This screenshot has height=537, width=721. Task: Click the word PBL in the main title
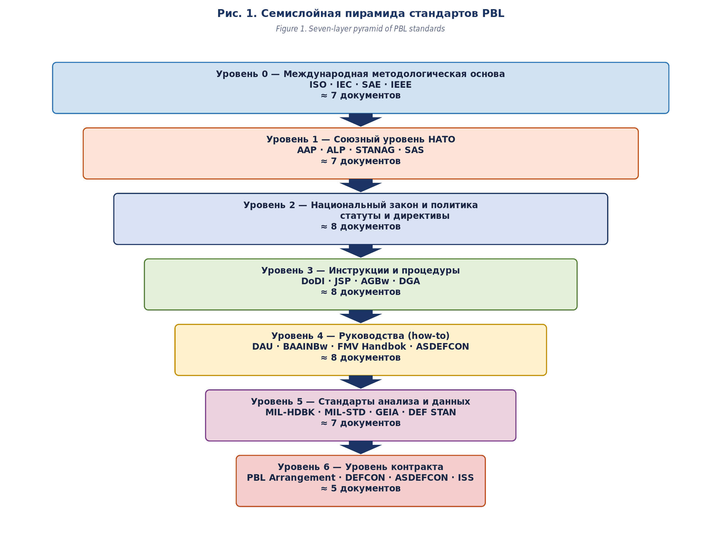pyautogui.click(x=493, y=14)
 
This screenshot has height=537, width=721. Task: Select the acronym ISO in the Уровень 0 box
pyautogui.click(x=318, y=85)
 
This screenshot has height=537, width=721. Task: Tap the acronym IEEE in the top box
pyautogui.click(x=401, y=85)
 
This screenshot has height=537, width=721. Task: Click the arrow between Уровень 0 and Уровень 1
pyautogui.click(x=361, y=120)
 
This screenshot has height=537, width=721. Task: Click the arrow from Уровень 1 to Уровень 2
pyautogui.click(x=361, y=185)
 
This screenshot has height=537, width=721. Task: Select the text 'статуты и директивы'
pyautogui.click(x=395, y=216)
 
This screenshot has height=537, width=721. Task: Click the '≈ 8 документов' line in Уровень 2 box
pyautogui.click(x=361, y=227)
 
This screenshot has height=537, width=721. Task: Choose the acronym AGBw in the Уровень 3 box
pyautogui.click(x=375, y=281)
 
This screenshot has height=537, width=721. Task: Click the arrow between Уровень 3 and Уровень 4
pyautogui.click(x=361, y=317)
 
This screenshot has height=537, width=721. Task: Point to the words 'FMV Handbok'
pyautogui.click(x=372, y=346)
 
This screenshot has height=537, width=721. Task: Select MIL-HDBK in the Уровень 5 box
pyautogui.click(x=290, y=412)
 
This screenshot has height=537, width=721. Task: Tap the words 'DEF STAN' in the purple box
pyautogui.click(x=432, y=412)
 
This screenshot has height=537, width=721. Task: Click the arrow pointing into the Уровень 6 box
pyautogui.click(x=361, y=448)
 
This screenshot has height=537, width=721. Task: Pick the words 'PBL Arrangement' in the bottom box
pyautogui.click(x=290, y=478)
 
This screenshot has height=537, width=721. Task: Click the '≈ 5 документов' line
pyautogui.click(x=361, y=488)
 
